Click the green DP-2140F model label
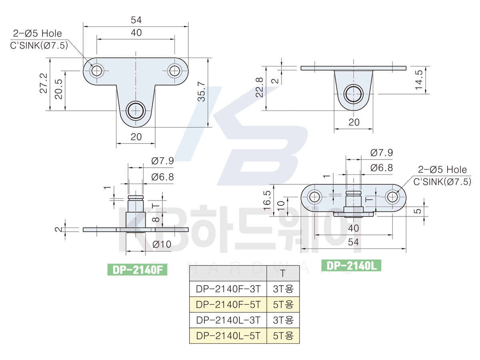(137, 270)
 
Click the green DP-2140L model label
(351, 265)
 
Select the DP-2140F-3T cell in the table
(228, 289)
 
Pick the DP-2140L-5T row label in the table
(228, 336)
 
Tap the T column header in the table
(283, 273)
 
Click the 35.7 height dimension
(202, 92)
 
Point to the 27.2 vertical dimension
(44, 83)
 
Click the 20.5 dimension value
(59, 89)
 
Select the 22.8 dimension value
(260, 87)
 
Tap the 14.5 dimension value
(419, 80)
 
